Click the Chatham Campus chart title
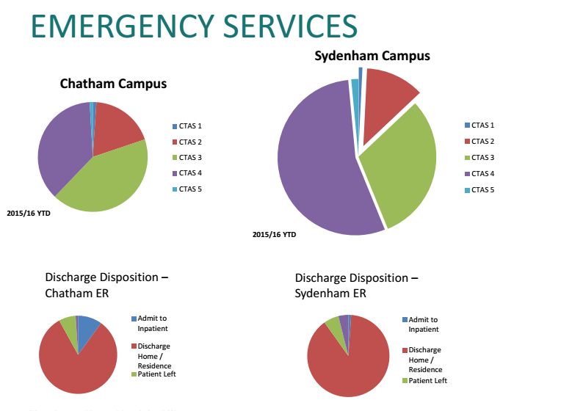(x=113, y=84)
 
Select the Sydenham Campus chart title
(x=372, y=56)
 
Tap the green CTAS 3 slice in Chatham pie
(x=106, y=180)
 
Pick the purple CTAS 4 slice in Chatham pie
(x=60, y=147)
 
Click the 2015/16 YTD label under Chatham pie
(x=27, y=214)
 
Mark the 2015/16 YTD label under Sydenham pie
(x=274, y=235)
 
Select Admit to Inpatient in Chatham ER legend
(x=153, y=323)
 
